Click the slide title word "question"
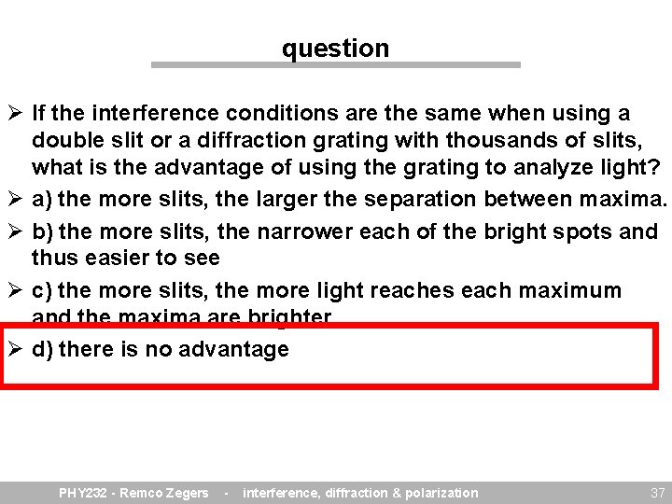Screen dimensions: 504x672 (x=335, y=48)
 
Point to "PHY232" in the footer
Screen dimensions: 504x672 (x=83, y=493)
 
